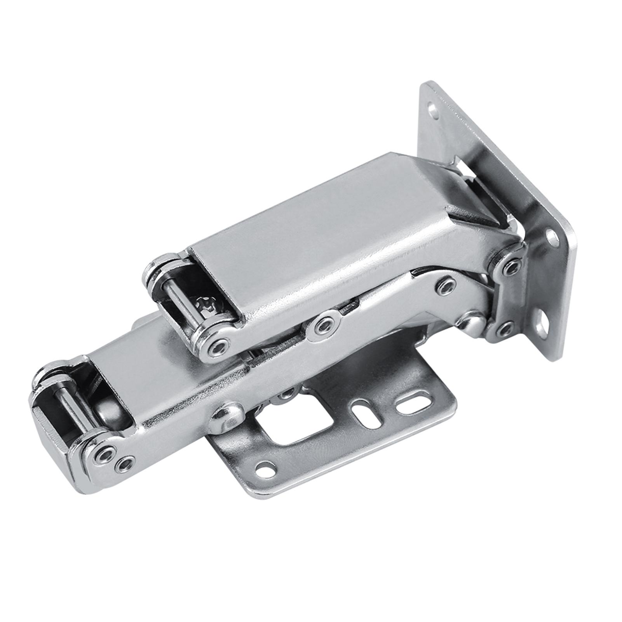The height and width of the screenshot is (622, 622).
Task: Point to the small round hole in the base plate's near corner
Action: click(266, 468)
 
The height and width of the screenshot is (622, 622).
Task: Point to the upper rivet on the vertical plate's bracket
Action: click(512, 267)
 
